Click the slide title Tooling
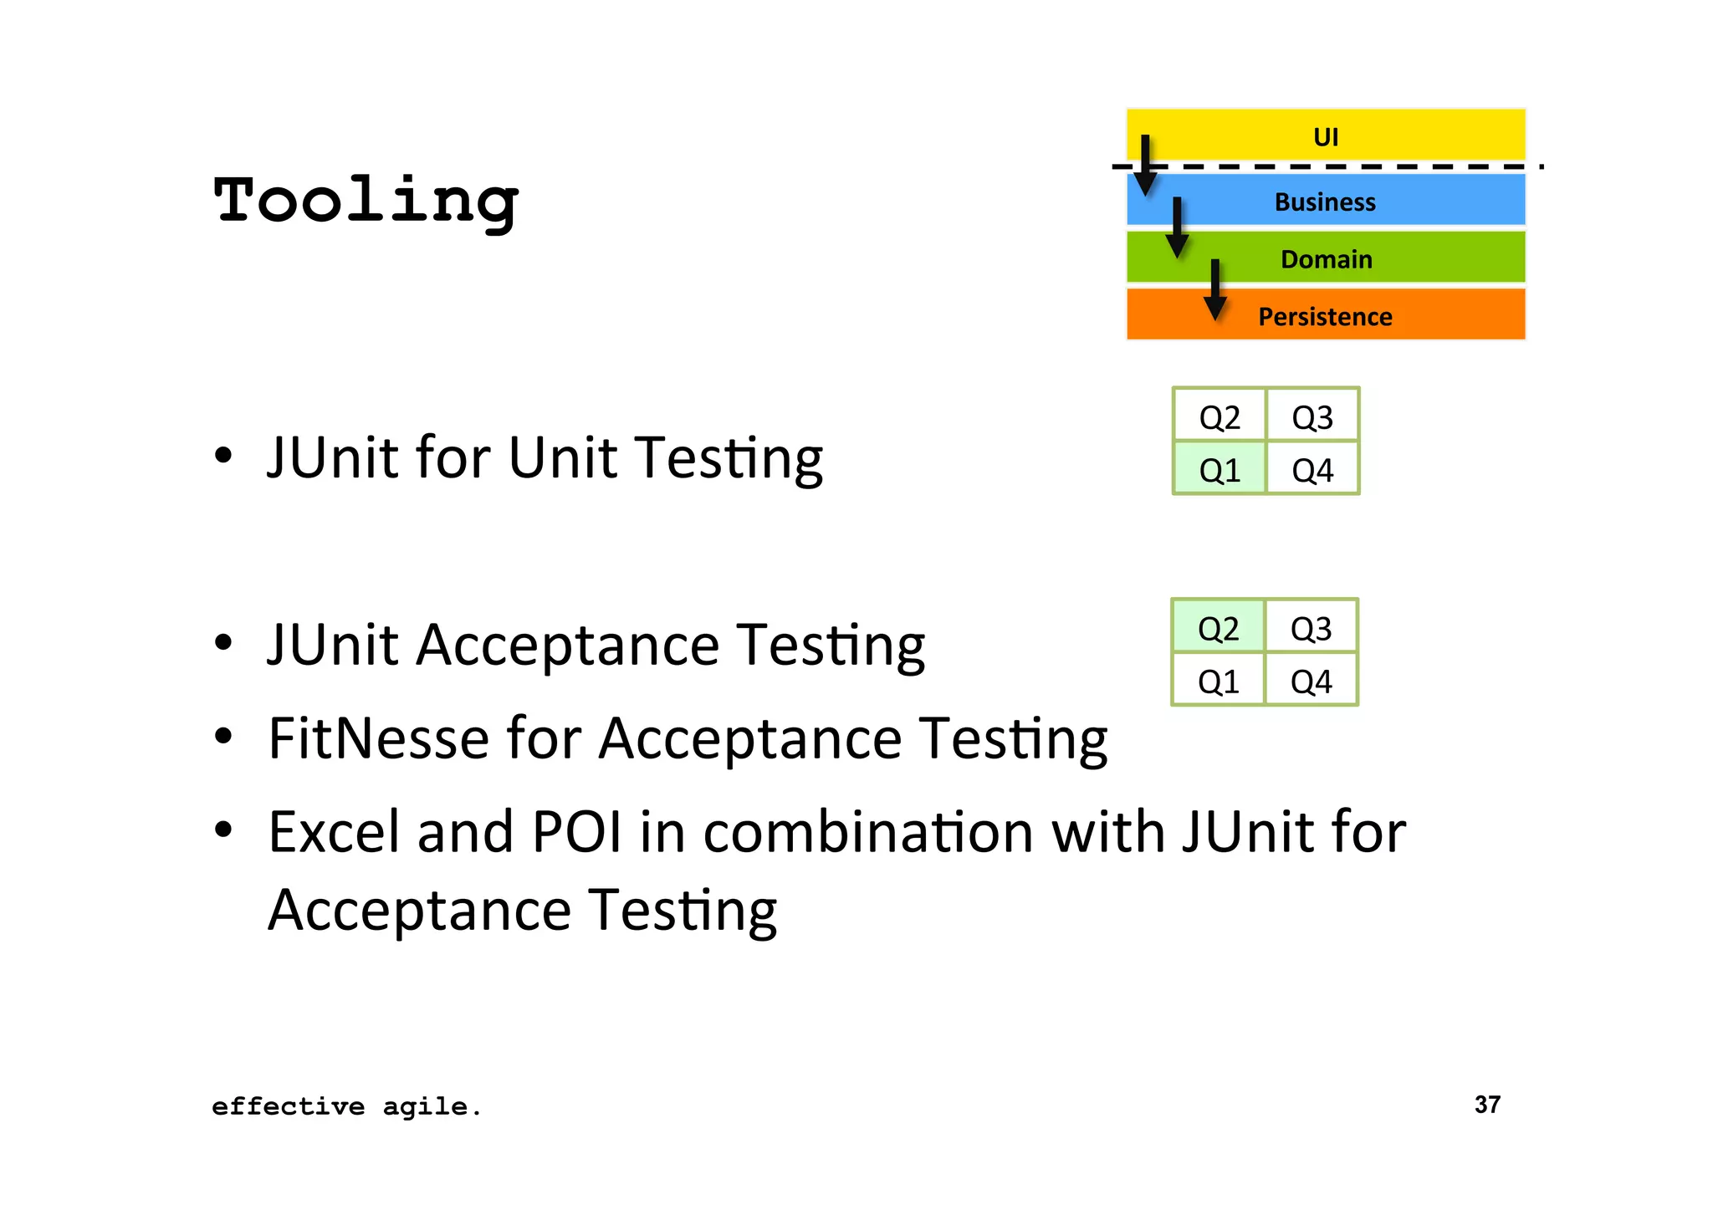[x=366, y=202]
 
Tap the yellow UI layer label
[x=1326, y=136]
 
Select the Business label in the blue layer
[x=1325, y=202]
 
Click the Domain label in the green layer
[x=1327, y=259]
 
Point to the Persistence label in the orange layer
[x=1325, y=317]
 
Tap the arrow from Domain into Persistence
[x=1214, y=289]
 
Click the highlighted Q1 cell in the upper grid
[x=1220, y=470]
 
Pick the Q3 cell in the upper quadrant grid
[x=1312, y=416]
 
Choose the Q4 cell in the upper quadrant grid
[x=1312, y=470]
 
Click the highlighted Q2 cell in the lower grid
[x=1218, y=628]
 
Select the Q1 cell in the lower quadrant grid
[x=1218, y=682]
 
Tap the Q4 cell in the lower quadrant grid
[x=1311, y=682]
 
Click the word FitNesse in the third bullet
[x=378, y=738]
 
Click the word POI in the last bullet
[x=576, y=832]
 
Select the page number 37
[x=1487, y=1105]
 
